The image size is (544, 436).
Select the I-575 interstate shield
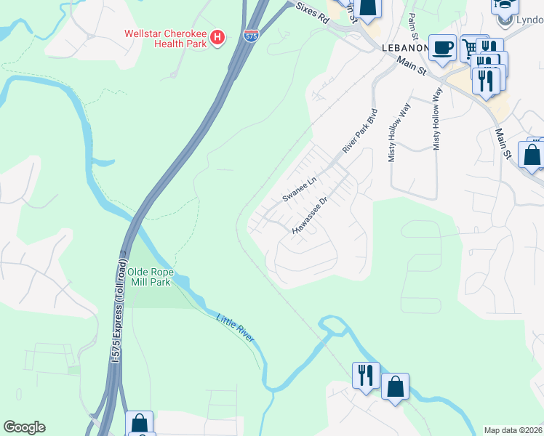pos(250,35)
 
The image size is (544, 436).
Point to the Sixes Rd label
pos(313,15)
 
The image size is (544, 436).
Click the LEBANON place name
pos(402,47)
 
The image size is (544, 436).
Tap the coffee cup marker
pos(442,49)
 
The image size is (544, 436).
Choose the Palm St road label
pos(413,26)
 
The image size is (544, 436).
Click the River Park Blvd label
pos(361,131)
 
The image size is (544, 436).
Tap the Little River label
pos(236,328)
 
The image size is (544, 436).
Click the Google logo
pos(24,427)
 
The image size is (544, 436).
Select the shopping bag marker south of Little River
pos(395,387)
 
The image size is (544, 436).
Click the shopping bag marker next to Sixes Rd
pos(369,6)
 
